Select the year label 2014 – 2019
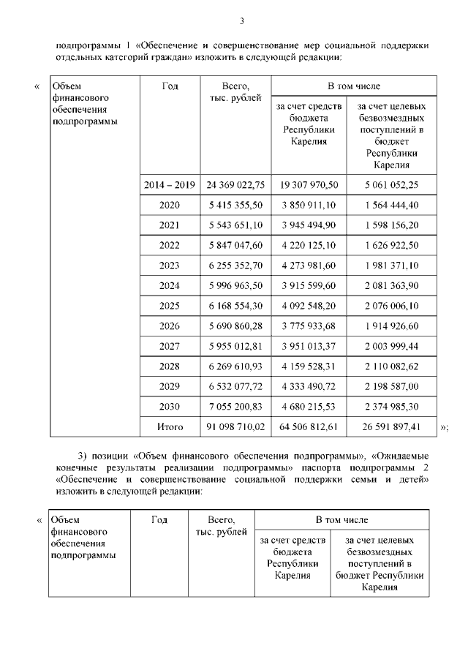[170, 185]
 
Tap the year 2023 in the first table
[170, 265]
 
